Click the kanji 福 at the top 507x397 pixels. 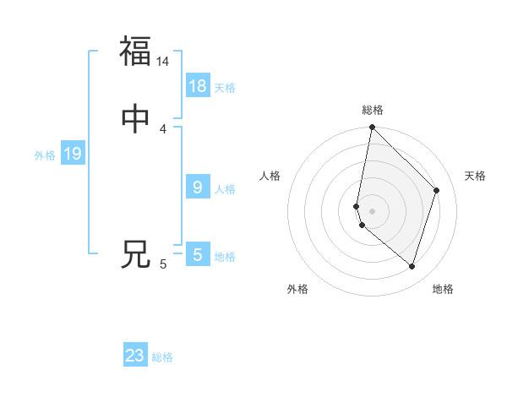(x=135, y=51)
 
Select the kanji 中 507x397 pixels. (x=135, y=120)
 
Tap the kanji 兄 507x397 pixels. (x=135, y=253)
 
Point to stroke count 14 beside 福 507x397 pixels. (x=163, y=62)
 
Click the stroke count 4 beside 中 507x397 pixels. (x=163, y=129)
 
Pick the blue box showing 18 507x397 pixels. (x=198, y=86)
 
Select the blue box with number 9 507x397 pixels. (x=198, y=188)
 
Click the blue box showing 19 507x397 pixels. (x=73, y=154)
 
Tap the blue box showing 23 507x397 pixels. (x=135, y=356)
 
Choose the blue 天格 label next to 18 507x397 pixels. (x=225, y=88)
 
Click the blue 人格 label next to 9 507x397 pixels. (x=225, y=189)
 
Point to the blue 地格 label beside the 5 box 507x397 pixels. (x=225, y=257)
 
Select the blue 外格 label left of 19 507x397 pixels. (x=45, y=155)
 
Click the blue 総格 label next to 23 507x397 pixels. (x=162, y=357)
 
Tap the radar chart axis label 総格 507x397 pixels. (x=373, y=110)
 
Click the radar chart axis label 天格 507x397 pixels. (x=475, y=176)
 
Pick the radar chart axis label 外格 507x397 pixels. (x=297, y=289)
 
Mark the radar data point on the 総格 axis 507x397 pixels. (x=372, y=128)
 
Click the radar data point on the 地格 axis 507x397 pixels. (x=412, y=267)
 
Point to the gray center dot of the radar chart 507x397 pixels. (x=372, y=211)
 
